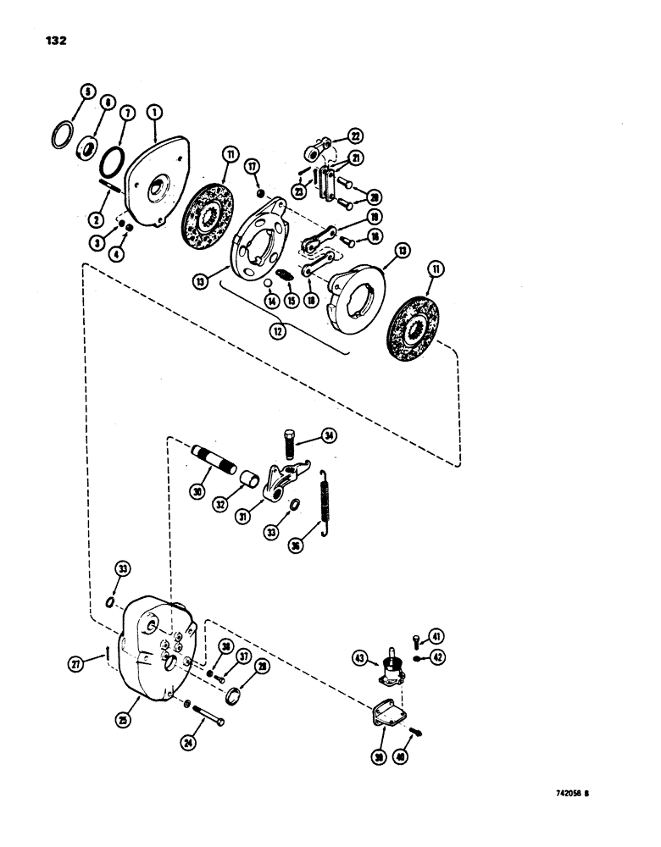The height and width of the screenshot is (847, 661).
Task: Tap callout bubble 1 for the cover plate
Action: (155, 110)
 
